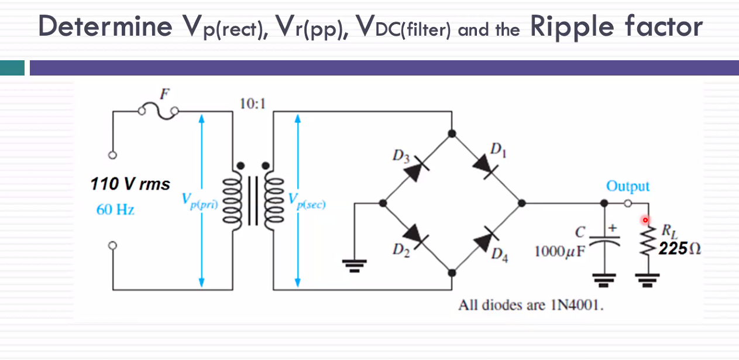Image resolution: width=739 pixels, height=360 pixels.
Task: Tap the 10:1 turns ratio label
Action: pos(252,104)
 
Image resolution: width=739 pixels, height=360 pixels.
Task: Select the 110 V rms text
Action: pos(130,184)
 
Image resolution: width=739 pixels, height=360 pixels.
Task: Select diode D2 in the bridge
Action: pos(418,237)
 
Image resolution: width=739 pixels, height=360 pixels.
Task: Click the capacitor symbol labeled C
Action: pos(606,237)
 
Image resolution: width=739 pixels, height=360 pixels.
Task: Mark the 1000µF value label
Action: pos(557,252)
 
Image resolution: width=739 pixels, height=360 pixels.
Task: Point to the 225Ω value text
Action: pos(679,249)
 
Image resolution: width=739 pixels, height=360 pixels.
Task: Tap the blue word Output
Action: pos(627,186)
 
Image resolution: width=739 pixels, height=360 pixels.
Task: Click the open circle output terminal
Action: pos(628,203)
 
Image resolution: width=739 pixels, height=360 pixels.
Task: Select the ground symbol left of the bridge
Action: pos(353,266)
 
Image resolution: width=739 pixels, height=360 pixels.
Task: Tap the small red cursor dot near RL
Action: pos(645,220)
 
